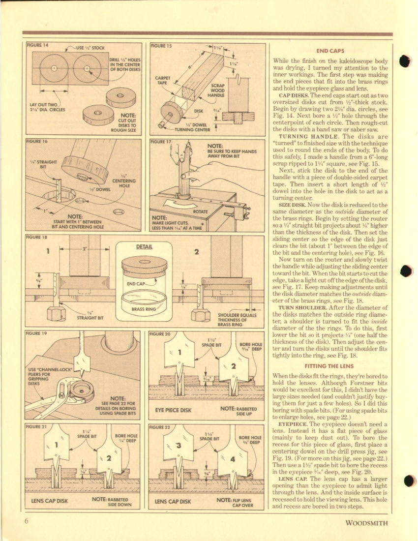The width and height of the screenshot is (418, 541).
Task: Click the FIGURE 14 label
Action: (38, 45)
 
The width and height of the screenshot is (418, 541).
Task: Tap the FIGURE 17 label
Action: (162, 142)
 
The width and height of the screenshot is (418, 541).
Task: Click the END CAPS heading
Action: (330, 51)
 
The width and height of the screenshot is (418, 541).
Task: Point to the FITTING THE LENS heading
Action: (330, 366)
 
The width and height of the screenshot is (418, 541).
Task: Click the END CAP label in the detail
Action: (136, 284)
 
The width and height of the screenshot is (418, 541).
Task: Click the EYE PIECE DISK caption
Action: (173, 409)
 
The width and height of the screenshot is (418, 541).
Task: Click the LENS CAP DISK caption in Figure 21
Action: (49, 501)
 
